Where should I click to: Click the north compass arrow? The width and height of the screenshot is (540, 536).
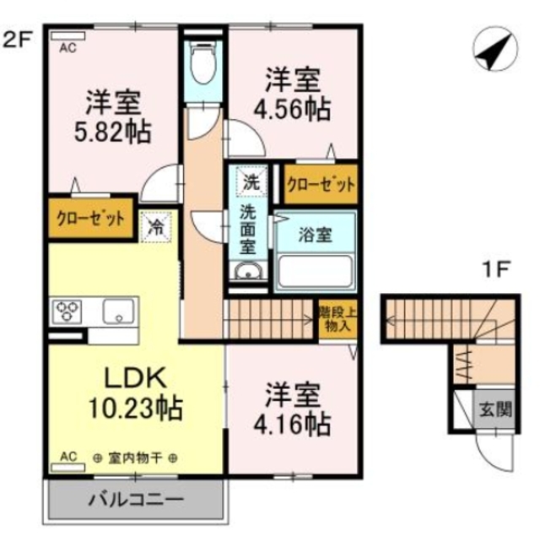point(492,51)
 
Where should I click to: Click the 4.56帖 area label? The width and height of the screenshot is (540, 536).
point(294,107)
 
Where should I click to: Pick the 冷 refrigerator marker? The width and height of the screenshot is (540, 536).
point(156,225)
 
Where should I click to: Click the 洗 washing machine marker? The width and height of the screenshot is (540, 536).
point(251,180)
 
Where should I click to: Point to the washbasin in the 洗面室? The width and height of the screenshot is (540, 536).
point(247,272)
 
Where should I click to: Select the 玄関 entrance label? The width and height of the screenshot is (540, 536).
point(496,411)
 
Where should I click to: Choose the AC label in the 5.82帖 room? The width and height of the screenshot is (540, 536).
point(67,48)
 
